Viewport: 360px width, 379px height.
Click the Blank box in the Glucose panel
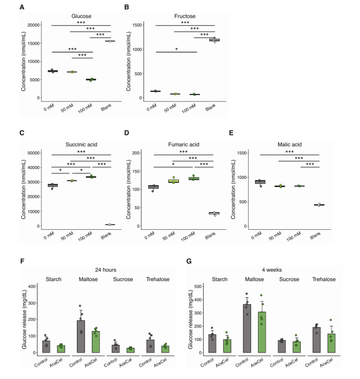[110, 41]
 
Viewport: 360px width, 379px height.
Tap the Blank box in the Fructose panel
[214, 39]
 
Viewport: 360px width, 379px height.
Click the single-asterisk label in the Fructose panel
[176, 49]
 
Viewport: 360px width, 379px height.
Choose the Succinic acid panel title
[82, 144]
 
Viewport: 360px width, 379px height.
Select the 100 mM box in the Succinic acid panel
[91, 177]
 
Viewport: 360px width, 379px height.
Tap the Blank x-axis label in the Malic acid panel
[316, 235]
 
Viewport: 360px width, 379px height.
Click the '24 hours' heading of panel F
[106, 270]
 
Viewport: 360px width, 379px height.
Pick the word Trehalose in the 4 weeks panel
[324, 279]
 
